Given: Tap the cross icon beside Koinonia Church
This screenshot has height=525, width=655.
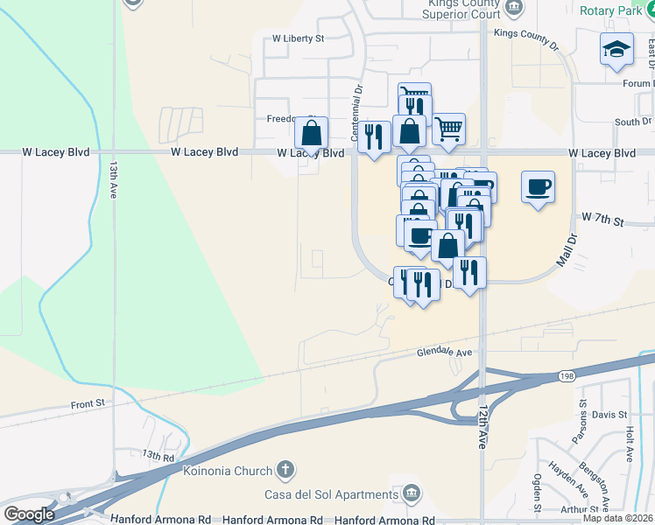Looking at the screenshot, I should coord(284,471).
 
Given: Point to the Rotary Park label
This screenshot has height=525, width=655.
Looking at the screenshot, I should coord(611,10).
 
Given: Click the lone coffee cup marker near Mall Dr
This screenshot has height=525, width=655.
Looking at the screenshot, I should coord(538,187).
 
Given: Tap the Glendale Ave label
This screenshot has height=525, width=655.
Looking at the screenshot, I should coord(444,352).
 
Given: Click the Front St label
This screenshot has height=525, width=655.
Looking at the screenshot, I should coord(88,404).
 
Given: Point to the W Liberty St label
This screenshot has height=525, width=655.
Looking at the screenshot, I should coord(298,38).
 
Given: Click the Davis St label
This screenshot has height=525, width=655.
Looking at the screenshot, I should coord(609,414).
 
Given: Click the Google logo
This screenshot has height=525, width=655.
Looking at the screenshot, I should coord(29,514).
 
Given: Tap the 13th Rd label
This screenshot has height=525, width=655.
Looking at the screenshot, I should coord(159,456).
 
